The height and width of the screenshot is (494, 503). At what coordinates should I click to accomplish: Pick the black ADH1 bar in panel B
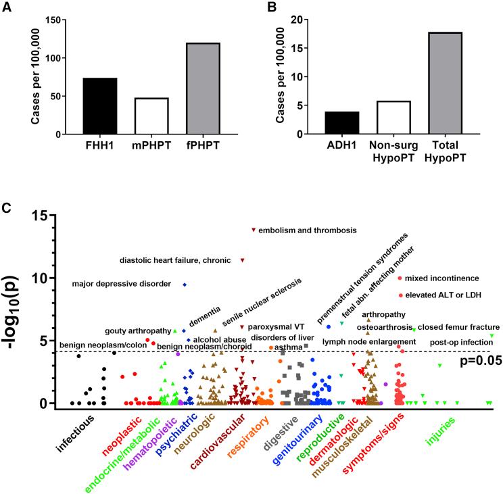click(341, 122)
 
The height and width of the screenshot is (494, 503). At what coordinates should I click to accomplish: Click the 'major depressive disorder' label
click(121, 284)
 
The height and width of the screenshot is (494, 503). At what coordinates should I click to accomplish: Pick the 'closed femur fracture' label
click(458, 327)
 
